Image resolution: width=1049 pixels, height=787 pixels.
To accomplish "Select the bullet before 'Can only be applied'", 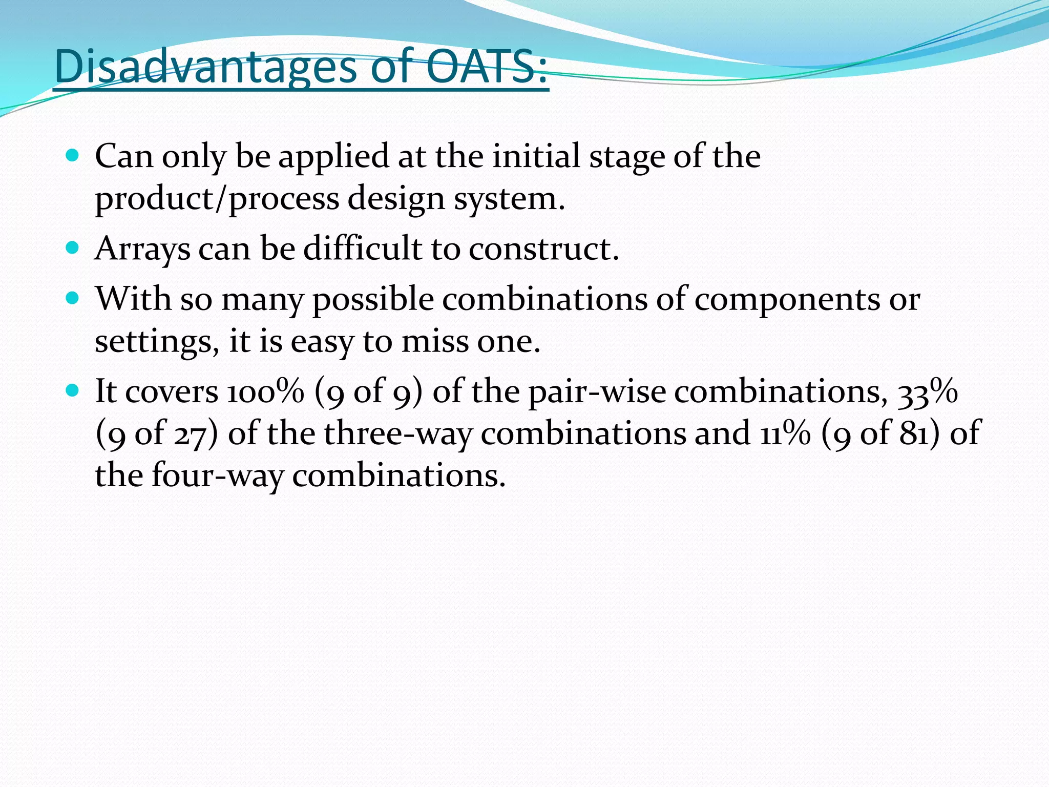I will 73,156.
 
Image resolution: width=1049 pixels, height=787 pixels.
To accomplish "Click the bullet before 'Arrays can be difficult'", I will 73,248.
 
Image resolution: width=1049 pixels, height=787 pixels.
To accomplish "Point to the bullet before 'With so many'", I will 73,298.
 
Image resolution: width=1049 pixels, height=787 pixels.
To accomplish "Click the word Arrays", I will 142,250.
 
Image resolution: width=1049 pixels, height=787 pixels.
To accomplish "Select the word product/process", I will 217,199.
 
